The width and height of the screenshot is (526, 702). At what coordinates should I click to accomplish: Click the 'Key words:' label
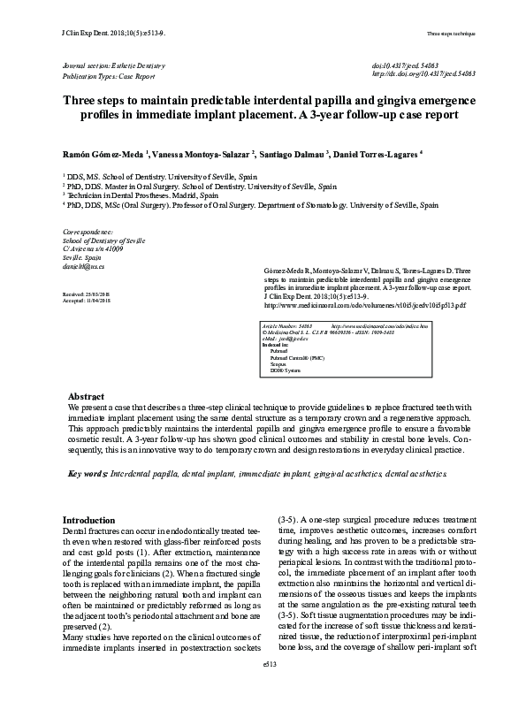pyautogui.click(x=88, y=474)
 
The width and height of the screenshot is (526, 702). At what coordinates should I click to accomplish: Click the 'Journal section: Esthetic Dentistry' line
pyautogui.click(x=110, y=66)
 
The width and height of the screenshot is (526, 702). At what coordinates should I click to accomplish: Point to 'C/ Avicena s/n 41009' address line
pyautogui.click(x=93, y=249)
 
